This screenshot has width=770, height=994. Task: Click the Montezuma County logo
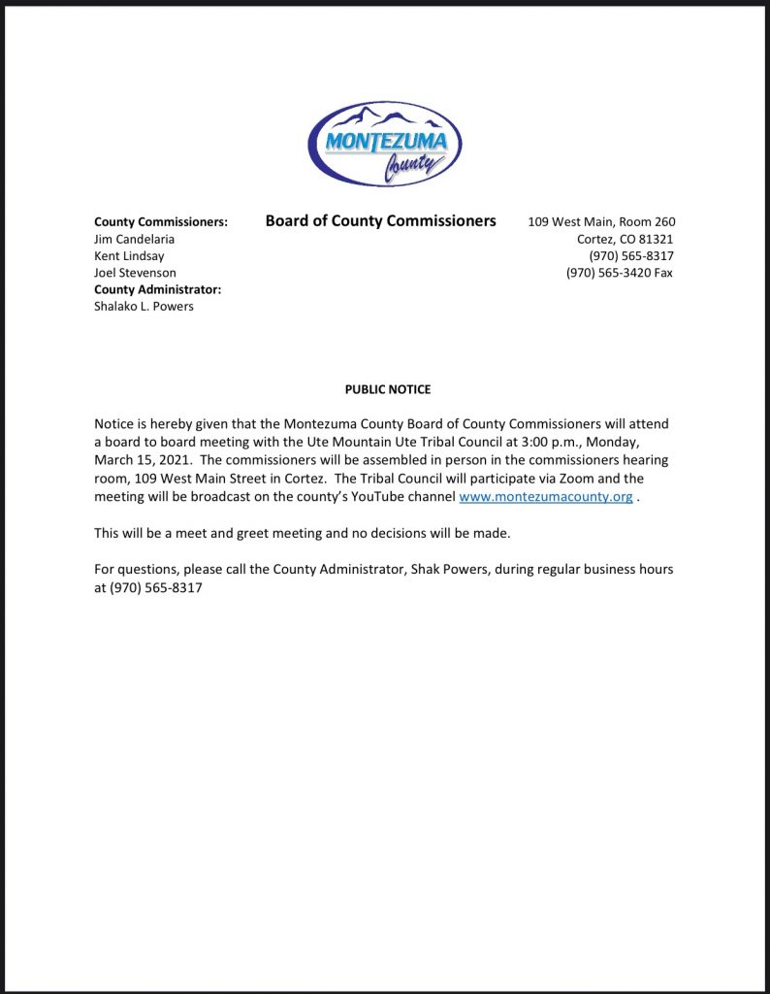click(x=385, y=144)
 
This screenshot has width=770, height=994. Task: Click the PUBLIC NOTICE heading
click(x=388, y=389)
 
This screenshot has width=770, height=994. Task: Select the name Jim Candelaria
click(x=135, y=239)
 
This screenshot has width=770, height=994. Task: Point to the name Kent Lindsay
click(x=129, y=255)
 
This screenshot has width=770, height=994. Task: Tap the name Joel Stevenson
click(x=135, y=273)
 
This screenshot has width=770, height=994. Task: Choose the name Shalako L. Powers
click(x=144, y=307)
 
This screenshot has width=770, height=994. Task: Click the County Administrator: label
click(x=158, y=289)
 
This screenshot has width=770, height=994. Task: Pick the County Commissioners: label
click(x=161, y=222)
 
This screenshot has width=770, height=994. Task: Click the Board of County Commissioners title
click(x=380, y=221)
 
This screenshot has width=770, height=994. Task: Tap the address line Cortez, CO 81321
click(x=626, y=239)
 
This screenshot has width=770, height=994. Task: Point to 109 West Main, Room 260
click(x=601, y=222)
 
